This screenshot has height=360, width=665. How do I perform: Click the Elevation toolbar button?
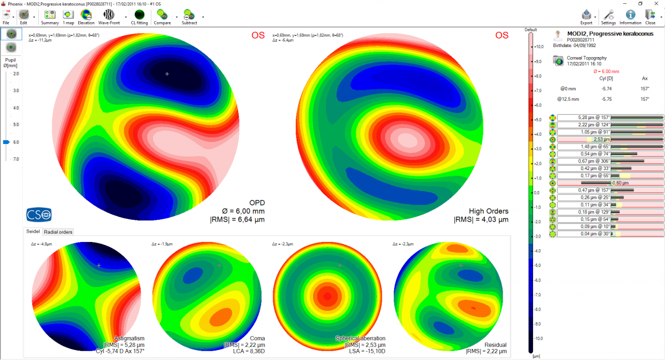point(86,16)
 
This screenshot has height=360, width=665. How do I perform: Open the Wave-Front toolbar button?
point(108,16)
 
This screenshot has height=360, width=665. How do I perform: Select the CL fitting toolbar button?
point(139,16)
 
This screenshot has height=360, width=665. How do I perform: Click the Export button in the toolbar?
point(586,16)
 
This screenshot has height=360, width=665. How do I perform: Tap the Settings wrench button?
point(608,16)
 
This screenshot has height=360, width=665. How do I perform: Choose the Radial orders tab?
point(59,232)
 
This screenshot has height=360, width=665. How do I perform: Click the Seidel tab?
point(33,232)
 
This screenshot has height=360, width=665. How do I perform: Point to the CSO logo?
point(39,214)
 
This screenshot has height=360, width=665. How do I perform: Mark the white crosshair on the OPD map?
point(167,73)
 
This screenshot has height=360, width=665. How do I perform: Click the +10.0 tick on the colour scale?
point(538,47)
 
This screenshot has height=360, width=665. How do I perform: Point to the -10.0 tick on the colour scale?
point(538,338)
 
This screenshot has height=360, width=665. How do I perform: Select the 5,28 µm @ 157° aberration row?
point(610,117)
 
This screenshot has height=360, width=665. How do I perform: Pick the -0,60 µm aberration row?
point(610,183)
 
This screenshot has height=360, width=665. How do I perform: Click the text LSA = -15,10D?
point(360,351)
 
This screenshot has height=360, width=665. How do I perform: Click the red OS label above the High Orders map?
point(502,35)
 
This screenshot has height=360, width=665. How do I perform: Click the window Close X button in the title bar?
point(656,3)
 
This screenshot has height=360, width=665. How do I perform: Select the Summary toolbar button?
point(49,16)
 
